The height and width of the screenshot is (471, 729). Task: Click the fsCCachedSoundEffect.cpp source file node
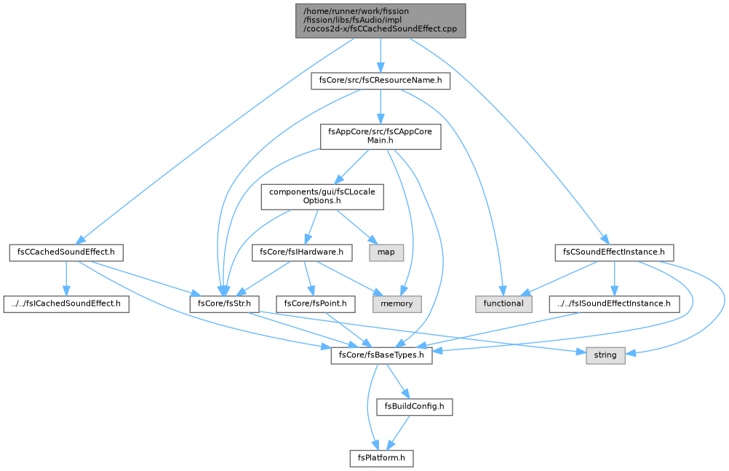click(x=381, y=21)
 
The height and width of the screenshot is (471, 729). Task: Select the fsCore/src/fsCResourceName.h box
click(x=381, y=81)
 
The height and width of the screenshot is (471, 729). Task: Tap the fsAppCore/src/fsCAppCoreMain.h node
click(x=381, y=136)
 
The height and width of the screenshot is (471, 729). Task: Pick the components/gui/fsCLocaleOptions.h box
click(x=322, y=197)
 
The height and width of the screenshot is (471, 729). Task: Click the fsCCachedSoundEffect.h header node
click(x=66, y=253)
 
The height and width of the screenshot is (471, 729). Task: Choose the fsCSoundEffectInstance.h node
click(x=614, y=253)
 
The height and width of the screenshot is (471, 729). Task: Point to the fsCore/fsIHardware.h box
click(x=302, y=253)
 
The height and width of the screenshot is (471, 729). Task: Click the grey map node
click(x=386, y=253)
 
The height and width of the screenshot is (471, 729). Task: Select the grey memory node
click(x=397, y=304)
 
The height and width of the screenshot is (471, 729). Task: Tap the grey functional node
click(x=503, y=304)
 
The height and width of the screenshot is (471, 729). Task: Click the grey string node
click(x=605, y=355)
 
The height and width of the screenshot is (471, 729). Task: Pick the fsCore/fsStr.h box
click(x=224, y=304)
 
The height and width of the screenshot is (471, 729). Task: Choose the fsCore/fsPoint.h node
click(x=315, y=304)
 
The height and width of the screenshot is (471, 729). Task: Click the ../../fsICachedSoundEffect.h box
click(x=66, y=304)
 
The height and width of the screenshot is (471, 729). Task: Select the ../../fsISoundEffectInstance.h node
click(x=614, y=304)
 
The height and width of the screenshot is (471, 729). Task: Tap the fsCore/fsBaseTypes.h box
click(x=381, y=355)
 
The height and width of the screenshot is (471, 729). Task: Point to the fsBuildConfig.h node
click(x=414, y=407)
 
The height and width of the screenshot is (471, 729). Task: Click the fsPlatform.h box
click(x=381, y=458)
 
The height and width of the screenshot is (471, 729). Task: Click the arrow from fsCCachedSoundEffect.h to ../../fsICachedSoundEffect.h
click(x=66, y=278)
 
